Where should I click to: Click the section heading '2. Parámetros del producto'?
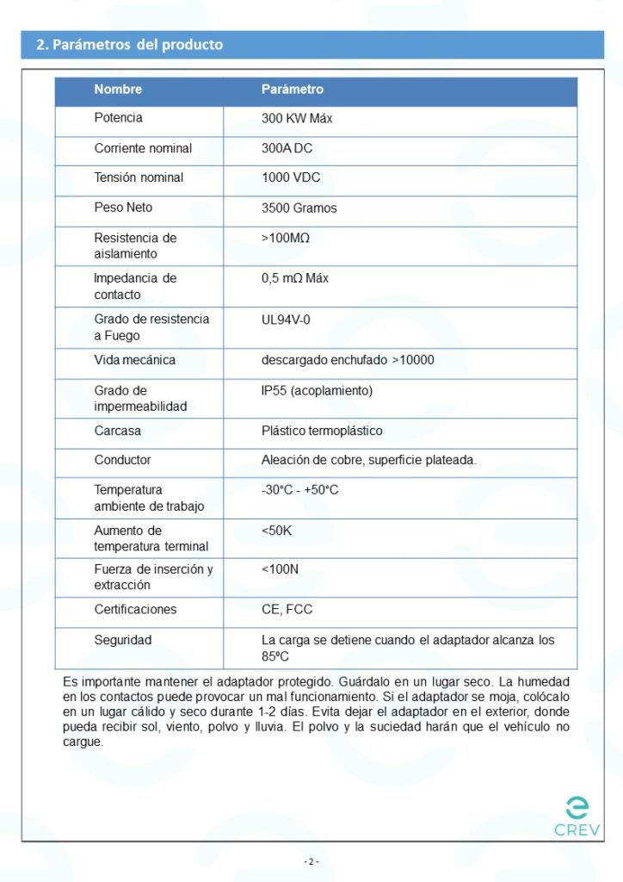pyautogui.click(x=129, y=45)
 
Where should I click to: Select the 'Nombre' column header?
pyautogui.click(x=118, y=90)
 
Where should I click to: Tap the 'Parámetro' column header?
pyautogui.click(x=293, y=90)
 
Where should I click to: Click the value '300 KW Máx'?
pyautogui.click(x=297, y=119)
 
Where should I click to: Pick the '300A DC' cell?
pyautogui.click(x=287, y=148)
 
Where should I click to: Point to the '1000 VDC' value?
pyautogui.click(x=291, y=177)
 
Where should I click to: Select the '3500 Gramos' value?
pyautogui.click(x=299, y=208)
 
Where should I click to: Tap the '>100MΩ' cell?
pyautogui.click(x=286, y=238)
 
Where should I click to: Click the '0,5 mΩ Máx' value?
pyautogui.click(x=294, y=278)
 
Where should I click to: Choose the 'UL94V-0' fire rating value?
pyautogui.click(x=286, y=320)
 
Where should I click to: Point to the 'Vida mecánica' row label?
pyautogui.click(x=134, y=360)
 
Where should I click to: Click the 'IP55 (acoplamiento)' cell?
pyautogui.click(x=317, y=391)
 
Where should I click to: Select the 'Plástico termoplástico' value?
pyautogui.click(x=322, y=431)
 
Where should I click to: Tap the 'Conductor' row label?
pyautogui.click(x=122, y=460)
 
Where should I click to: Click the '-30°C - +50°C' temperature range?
pyautogui.click(x=299, y=490)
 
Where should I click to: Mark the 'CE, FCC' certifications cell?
pyautogui.click(x=287, y=610)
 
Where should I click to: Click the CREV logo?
pyautogui.click(x=577, y=817)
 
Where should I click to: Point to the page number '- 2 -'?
pyautogui.click(x=311, y=861)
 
